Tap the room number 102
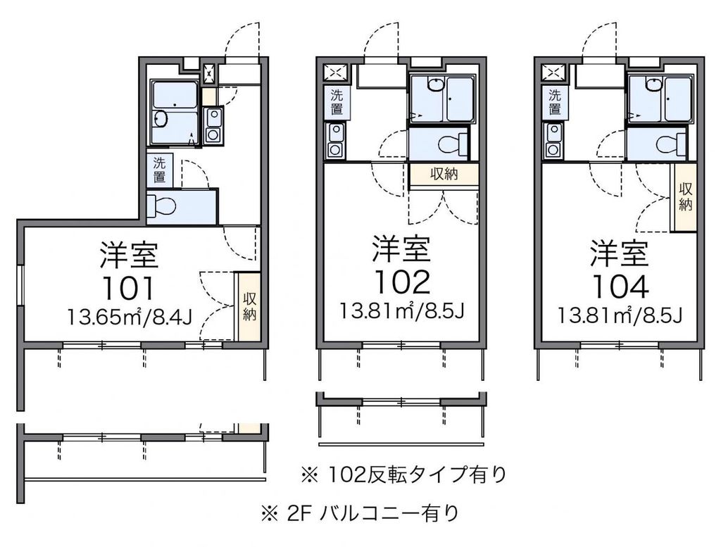pyautogui.click(x=401, y=281)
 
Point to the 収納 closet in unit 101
pyautogui.click(x=249, y=306)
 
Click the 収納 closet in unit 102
pyautogui.click(x=443, y=175)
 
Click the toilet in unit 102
pyautogui.click(x=451, y=144)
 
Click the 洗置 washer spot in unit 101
pyautogui.click(x=160, y=170)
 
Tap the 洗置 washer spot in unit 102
pyautogui.click(x=336, y=102)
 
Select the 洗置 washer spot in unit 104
pyautogui.click(x=554, y=102)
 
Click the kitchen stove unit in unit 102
pyautogui.click(x=336, y=139)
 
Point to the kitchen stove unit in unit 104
pyautogui.click(x=554, y=139)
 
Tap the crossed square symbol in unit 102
pyautogui.click(x=336, y=71)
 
